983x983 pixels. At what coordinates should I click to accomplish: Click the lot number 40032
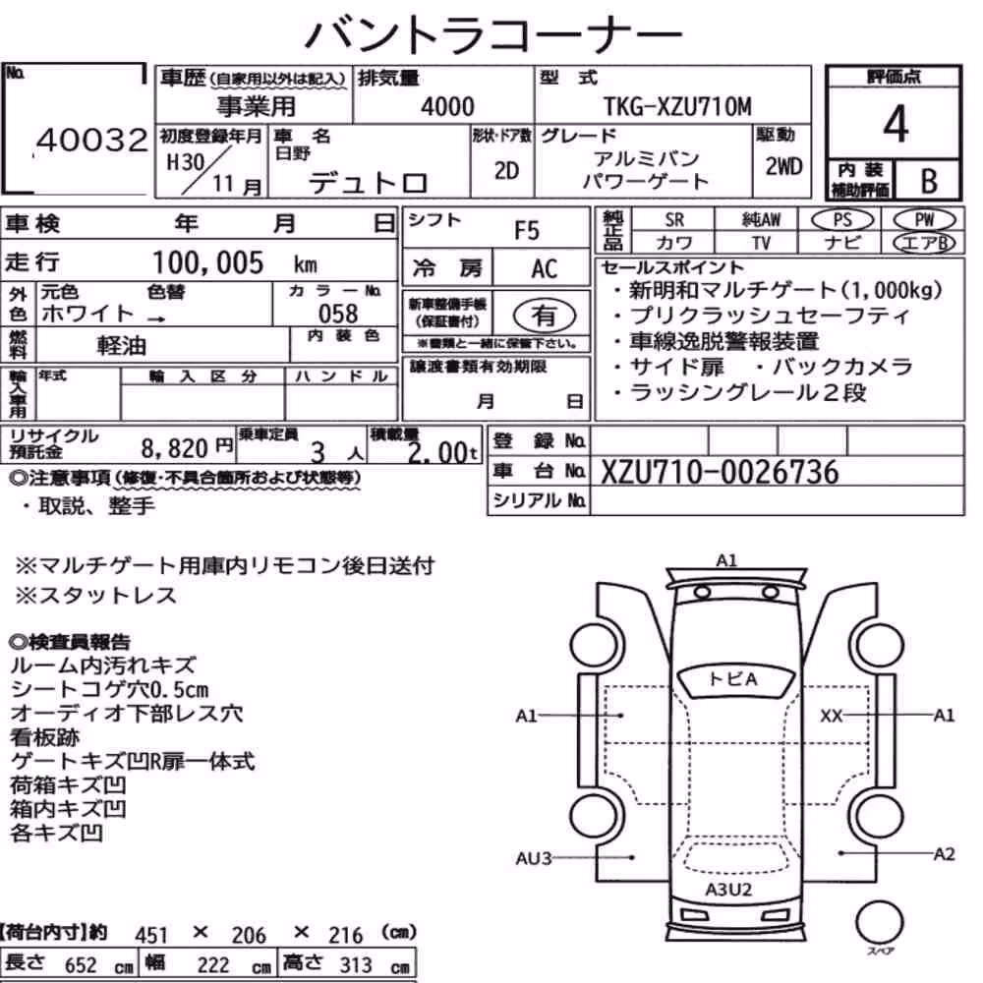point(92,140)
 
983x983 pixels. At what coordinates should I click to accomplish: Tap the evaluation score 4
point(896,124)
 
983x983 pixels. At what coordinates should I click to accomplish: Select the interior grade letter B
point(929,181)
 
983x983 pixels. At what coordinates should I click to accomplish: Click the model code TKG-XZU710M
point(677,106)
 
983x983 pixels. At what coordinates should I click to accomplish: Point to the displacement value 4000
point(447,106)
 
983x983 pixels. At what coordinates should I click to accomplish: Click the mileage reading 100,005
point(208,262)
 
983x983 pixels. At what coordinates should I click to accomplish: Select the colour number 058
point(338,313)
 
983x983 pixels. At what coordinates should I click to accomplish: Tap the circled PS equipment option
point(842,220)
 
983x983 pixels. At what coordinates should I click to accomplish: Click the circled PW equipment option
point(924,220)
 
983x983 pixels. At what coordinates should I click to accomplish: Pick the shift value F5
point(527,231)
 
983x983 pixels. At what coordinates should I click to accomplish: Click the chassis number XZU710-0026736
point(720,472)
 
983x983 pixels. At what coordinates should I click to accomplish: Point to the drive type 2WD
point(783,166)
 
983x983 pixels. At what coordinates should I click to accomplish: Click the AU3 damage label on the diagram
point(534,857)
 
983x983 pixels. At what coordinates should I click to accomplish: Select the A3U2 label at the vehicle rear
point(727,889)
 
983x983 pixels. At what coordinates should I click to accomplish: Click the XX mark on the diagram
point(832,716)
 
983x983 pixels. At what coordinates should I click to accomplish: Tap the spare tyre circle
point(879,923)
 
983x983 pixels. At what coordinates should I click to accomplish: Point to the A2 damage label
point(944,854)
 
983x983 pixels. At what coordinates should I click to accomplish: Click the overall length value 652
point(81,965)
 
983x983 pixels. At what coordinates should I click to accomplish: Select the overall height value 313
point(356,965)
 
